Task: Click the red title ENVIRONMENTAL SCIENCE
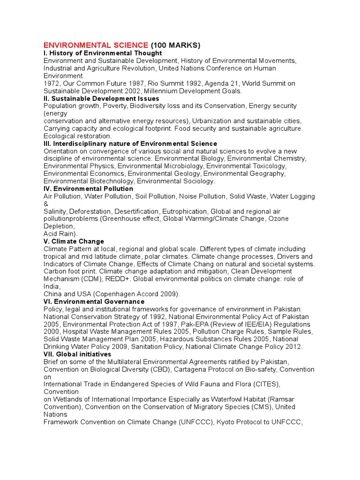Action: coord(96,45)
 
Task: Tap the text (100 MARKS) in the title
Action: coord(176,45)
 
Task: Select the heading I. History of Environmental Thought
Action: coord(103,53)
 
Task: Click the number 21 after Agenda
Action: coord(212,83)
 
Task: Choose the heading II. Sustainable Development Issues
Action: coord(101,98)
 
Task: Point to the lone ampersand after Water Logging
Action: coord(46,204)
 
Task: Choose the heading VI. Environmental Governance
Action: coord(94,301)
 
